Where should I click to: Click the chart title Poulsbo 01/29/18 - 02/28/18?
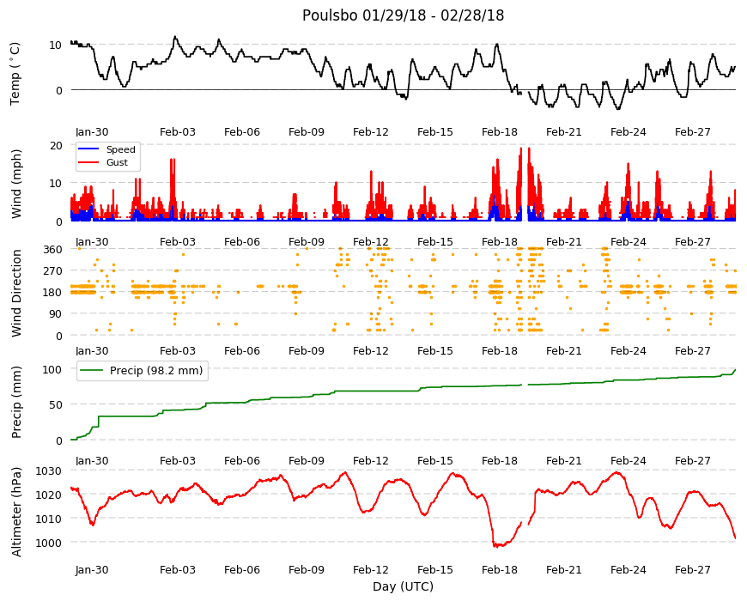pyautogui.click(x=403, y=15)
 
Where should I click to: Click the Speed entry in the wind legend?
pyautogui.click(x=120, y=149)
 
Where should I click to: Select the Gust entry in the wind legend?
pyautogui.click(x=117, y=162)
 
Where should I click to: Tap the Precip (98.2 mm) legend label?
pyautogui.click(x=156, y=371)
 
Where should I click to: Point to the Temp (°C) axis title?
pyautogui.click(x=15, y=73)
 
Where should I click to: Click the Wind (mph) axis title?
pyautogui.click(x=16, y=184)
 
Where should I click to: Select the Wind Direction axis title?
pyautogui.click(x=16, y=293)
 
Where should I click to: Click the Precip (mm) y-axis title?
pyautogui.click(x=16, y=402)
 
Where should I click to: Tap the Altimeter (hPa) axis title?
pyautogui.click(x=16, y=512)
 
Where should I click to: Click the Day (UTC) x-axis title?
pyautogui.click(x=403, y=586)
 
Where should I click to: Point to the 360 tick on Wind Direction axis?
pyautogui.click(x=52, y=250)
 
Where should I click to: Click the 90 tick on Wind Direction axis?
pyautogui.click(x=56, y=314)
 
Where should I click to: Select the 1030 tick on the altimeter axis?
pyautogui.click(x=49, y=471)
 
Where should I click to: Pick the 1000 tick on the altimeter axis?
pyautogui.click(x=49, y=543)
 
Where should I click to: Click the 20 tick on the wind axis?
pyautogui.click(x=56, y=146)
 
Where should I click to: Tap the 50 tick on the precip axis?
pyautogui.click(x=56, y=404)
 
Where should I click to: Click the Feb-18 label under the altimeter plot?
pyautogui.click(x=499, y=569)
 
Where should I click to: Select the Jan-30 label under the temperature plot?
pyautogui.click(x=92, y=132)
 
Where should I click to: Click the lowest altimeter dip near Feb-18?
pyautogui.click(x=495, y=545)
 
